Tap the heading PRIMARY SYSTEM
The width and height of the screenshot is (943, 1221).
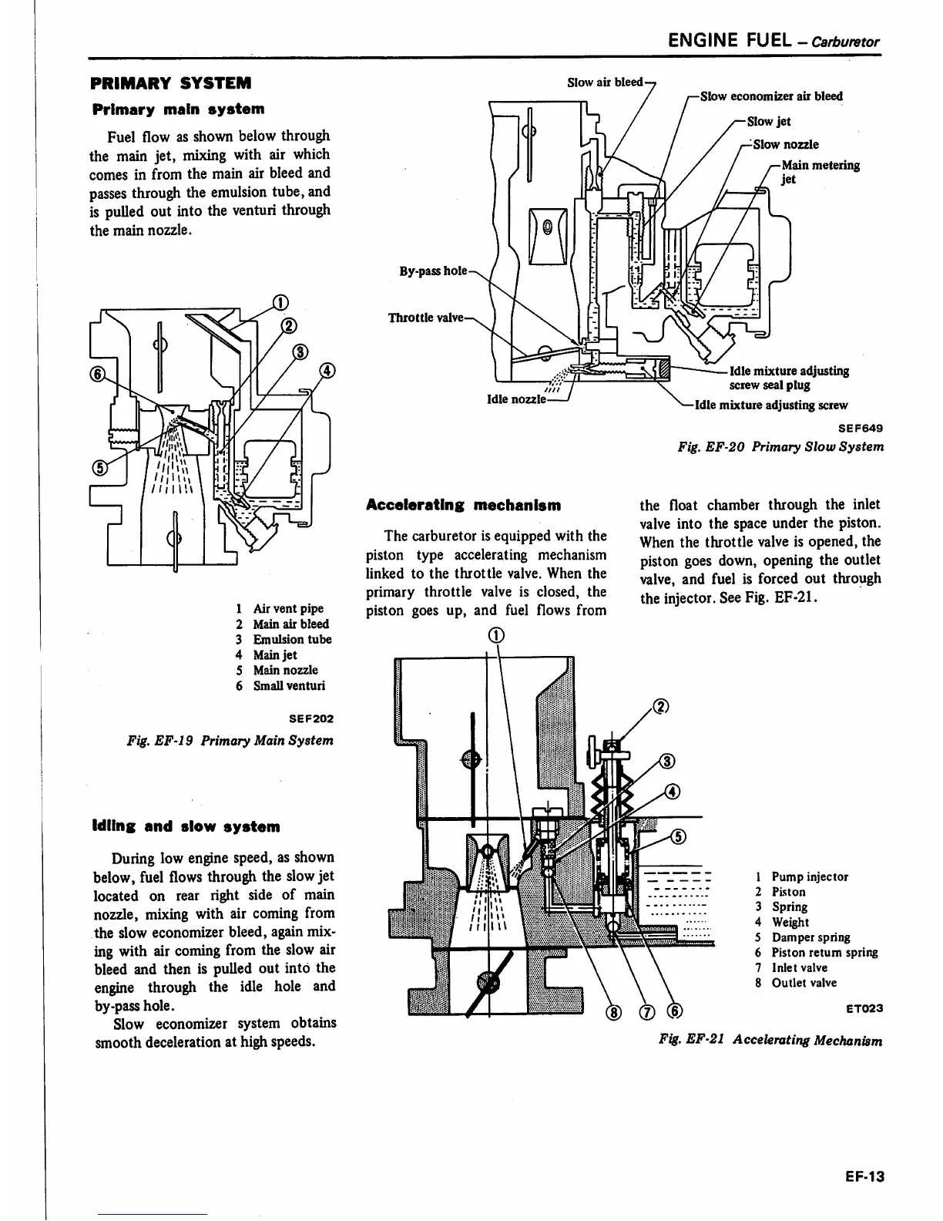click(170, 82)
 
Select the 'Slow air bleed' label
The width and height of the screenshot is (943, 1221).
click(605, 82)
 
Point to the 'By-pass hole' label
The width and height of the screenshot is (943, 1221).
click(432, 271)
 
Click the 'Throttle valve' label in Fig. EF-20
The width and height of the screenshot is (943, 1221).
click(425, 318)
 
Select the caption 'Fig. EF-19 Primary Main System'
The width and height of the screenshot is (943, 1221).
click(230, 740)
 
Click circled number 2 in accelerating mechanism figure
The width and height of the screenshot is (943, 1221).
click(659, 708)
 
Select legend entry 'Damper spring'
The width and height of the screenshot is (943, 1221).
click(810, 937)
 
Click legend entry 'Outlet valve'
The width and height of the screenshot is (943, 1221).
click(804, 983)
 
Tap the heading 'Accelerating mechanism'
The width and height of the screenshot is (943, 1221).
click(463, 506)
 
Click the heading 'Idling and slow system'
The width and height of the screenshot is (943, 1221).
click(186, 826)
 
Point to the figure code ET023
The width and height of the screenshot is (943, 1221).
click(864, 1008)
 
